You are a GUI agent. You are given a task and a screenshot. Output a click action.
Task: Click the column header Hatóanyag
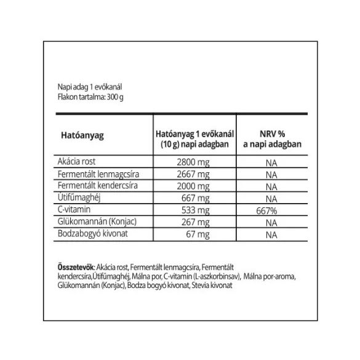[x=81, y=137]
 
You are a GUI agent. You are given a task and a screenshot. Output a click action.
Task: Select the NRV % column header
[x=268, y=137]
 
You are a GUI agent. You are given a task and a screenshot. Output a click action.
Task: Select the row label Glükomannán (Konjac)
[x=95, y=222]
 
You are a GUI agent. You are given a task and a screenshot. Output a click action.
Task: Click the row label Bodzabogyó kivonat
[x=90, y=234]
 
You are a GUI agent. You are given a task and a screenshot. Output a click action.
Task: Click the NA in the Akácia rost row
[x=268, y=164]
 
